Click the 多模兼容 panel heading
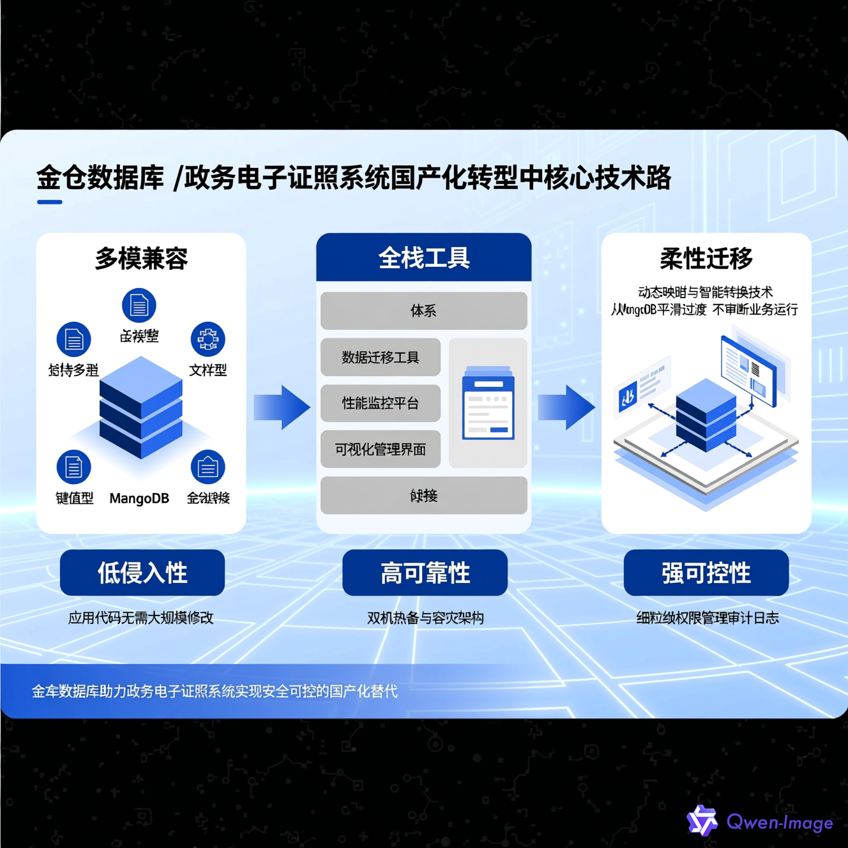(141, 259)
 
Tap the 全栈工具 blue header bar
(424, 257)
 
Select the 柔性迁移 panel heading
(706, 259)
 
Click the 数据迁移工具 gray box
(381, 358)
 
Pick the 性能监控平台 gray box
(381, 404)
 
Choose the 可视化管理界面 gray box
(381, 450)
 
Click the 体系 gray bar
(424, 311)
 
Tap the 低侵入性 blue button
(142, 573)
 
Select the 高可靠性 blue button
(425, 573)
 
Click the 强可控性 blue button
(706, 573)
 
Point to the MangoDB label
(139, 498)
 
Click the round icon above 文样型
(208, 338)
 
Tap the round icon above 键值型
(74, 467)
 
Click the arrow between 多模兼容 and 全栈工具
(282, 407)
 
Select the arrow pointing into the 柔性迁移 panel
(566, 407)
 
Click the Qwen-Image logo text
(780, 822)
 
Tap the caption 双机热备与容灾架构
(425, 618)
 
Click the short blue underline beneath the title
(50, 202)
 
